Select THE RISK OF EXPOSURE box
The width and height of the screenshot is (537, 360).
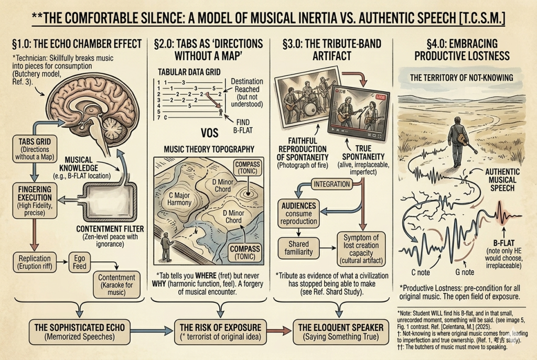point(217,331)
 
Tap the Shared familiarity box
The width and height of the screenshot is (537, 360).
point(299,248)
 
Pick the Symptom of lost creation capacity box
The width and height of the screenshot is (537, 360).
point(361,248)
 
